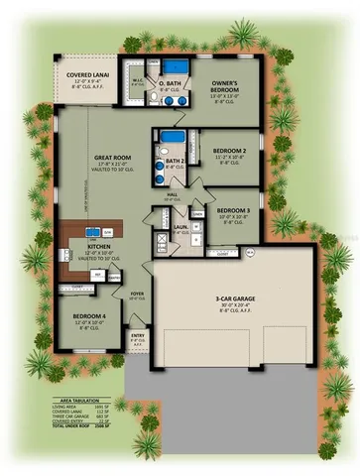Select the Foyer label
tap(136, 293)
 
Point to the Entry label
tap(137, 336)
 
